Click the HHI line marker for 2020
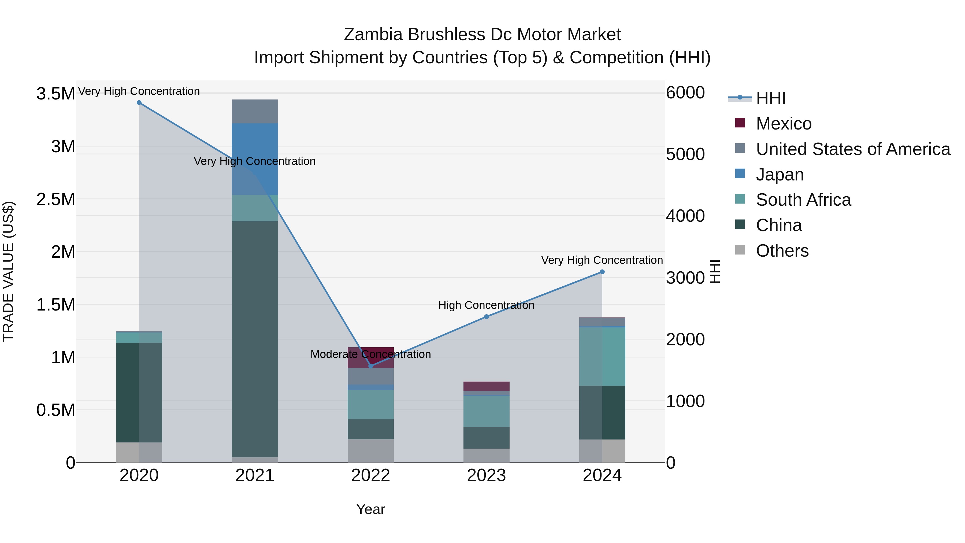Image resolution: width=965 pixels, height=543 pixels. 139,103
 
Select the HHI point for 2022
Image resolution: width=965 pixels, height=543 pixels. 370,366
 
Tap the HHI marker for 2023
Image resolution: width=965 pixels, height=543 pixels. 486,317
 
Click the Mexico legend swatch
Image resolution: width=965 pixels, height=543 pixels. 740,123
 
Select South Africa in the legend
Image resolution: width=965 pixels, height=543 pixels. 803,200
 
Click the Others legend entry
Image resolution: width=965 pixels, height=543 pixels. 782,251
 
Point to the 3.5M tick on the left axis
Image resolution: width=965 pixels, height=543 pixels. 55,94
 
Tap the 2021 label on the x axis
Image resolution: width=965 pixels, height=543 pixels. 255,475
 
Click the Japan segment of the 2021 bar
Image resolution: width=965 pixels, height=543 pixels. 255,159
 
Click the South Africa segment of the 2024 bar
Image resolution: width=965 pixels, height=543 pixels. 602,356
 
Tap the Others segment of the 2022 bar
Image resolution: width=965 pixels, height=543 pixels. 370,451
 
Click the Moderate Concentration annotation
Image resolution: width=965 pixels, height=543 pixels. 370,354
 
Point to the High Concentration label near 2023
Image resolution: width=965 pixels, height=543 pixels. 486,305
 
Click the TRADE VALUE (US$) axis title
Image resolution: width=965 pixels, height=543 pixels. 8,271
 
